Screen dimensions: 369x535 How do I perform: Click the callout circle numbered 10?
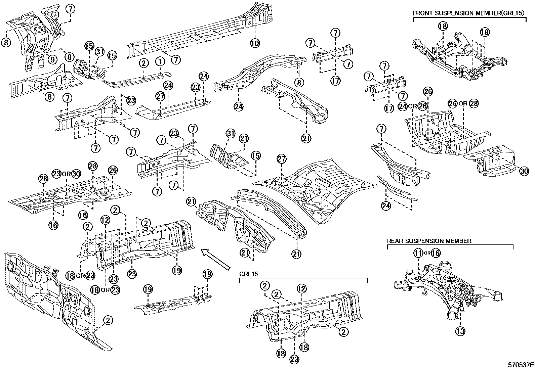(255, 43)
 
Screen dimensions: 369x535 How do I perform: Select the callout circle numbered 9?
(52, 59)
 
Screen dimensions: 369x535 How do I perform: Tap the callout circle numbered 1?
(160, 62)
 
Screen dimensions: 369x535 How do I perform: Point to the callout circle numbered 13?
(460, 331)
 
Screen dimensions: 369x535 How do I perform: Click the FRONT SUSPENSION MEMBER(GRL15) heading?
(469, 13)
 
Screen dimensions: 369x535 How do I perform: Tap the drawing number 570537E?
(521, 365)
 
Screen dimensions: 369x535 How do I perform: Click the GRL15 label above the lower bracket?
(248, 274)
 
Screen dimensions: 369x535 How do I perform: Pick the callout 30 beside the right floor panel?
(524, 171)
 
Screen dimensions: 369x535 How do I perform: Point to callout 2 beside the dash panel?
(108, 320)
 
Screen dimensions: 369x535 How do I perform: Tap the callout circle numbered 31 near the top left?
(99, 52)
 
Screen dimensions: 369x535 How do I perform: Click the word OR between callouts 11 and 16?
(427, 253)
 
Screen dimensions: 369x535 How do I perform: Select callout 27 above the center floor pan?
(281, 159)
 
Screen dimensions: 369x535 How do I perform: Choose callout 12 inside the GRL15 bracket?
(301, 288)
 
